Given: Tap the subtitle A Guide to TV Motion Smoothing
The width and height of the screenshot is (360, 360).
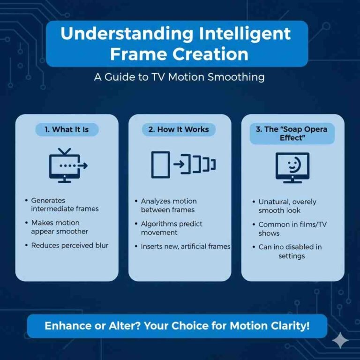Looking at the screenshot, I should point(179,77).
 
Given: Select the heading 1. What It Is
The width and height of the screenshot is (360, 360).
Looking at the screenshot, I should point(67,129).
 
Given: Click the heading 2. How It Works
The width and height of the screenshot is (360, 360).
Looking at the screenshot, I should point(179,129).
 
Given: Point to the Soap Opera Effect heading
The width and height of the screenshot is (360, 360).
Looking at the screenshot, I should point(292,134).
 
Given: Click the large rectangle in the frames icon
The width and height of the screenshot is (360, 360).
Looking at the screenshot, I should point(160,165).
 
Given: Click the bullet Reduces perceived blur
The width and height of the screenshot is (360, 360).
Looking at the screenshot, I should point(69,245).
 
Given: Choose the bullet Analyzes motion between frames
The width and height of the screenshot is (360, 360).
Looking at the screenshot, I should point(167,205).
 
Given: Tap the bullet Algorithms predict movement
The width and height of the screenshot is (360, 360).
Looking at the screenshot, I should point(172,228).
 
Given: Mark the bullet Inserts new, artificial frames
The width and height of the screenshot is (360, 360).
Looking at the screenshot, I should point(185,246).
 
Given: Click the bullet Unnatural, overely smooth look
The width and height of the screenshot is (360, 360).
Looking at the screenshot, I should point(287,206).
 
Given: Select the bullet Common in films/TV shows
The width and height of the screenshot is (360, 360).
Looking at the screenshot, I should point(292,229).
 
